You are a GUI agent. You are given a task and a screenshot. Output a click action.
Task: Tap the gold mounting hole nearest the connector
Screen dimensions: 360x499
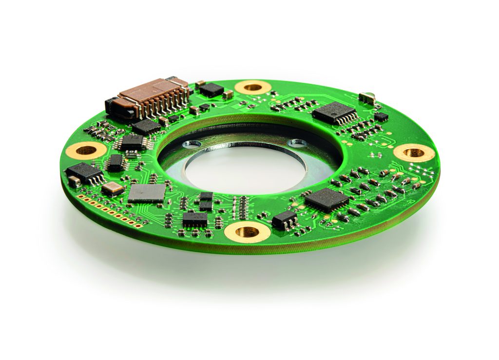252,87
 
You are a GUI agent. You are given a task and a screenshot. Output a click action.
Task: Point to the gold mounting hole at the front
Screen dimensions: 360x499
247,231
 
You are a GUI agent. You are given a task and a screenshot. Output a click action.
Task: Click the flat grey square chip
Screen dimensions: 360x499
147,193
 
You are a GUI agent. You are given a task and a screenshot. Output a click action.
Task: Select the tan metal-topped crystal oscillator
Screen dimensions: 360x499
113,188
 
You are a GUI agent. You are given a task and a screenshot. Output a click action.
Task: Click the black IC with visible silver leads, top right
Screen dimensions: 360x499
334,114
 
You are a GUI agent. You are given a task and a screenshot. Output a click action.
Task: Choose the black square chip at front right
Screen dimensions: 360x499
326,199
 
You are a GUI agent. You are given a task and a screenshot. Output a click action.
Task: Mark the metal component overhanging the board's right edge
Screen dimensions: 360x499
367,98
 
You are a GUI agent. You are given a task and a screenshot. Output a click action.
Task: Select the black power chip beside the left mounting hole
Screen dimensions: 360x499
84,171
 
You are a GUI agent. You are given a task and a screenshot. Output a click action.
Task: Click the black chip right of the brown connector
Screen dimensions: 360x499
211,90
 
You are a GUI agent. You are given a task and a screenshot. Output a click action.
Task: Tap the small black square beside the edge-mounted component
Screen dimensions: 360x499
381,116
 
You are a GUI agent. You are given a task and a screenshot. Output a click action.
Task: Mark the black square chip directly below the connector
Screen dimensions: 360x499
146,127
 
